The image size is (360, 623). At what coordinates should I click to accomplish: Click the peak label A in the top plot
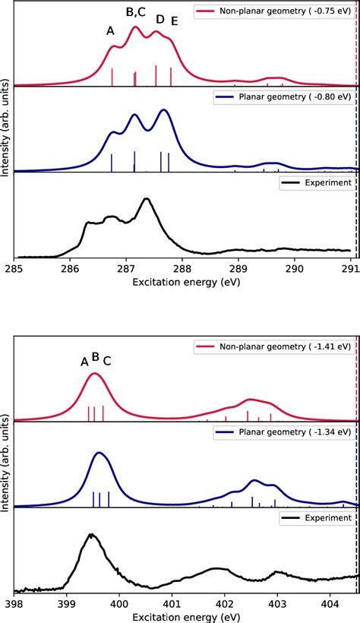tap(111, 31)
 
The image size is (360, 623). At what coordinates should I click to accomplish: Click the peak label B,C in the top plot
tap(137, 11)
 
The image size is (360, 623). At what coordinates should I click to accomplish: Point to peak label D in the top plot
tap(159, 19)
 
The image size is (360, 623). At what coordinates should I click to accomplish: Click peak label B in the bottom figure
tap(96, 356)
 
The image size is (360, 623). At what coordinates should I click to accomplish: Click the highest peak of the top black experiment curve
tap(147, 199)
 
